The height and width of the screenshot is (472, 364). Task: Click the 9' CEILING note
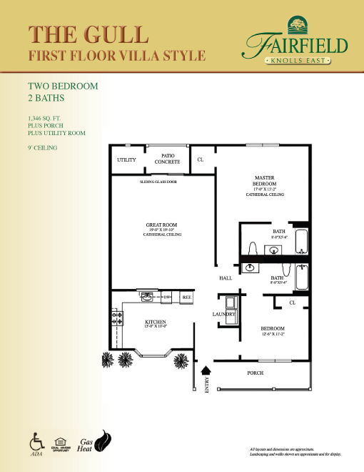click(42, 147)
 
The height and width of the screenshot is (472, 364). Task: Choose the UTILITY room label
click(126, 160)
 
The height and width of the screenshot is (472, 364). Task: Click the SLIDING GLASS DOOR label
click(158, 182)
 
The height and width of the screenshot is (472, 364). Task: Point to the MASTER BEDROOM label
click(265, 182)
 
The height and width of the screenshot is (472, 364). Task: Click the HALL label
click(226, 277)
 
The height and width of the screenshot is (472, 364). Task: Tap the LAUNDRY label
click(223, 314)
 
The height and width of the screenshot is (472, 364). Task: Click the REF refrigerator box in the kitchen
click(186, 297)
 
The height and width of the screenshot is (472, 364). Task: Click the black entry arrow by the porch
click(207, 370)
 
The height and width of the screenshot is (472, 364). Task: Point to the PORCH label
click(255, 373)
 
